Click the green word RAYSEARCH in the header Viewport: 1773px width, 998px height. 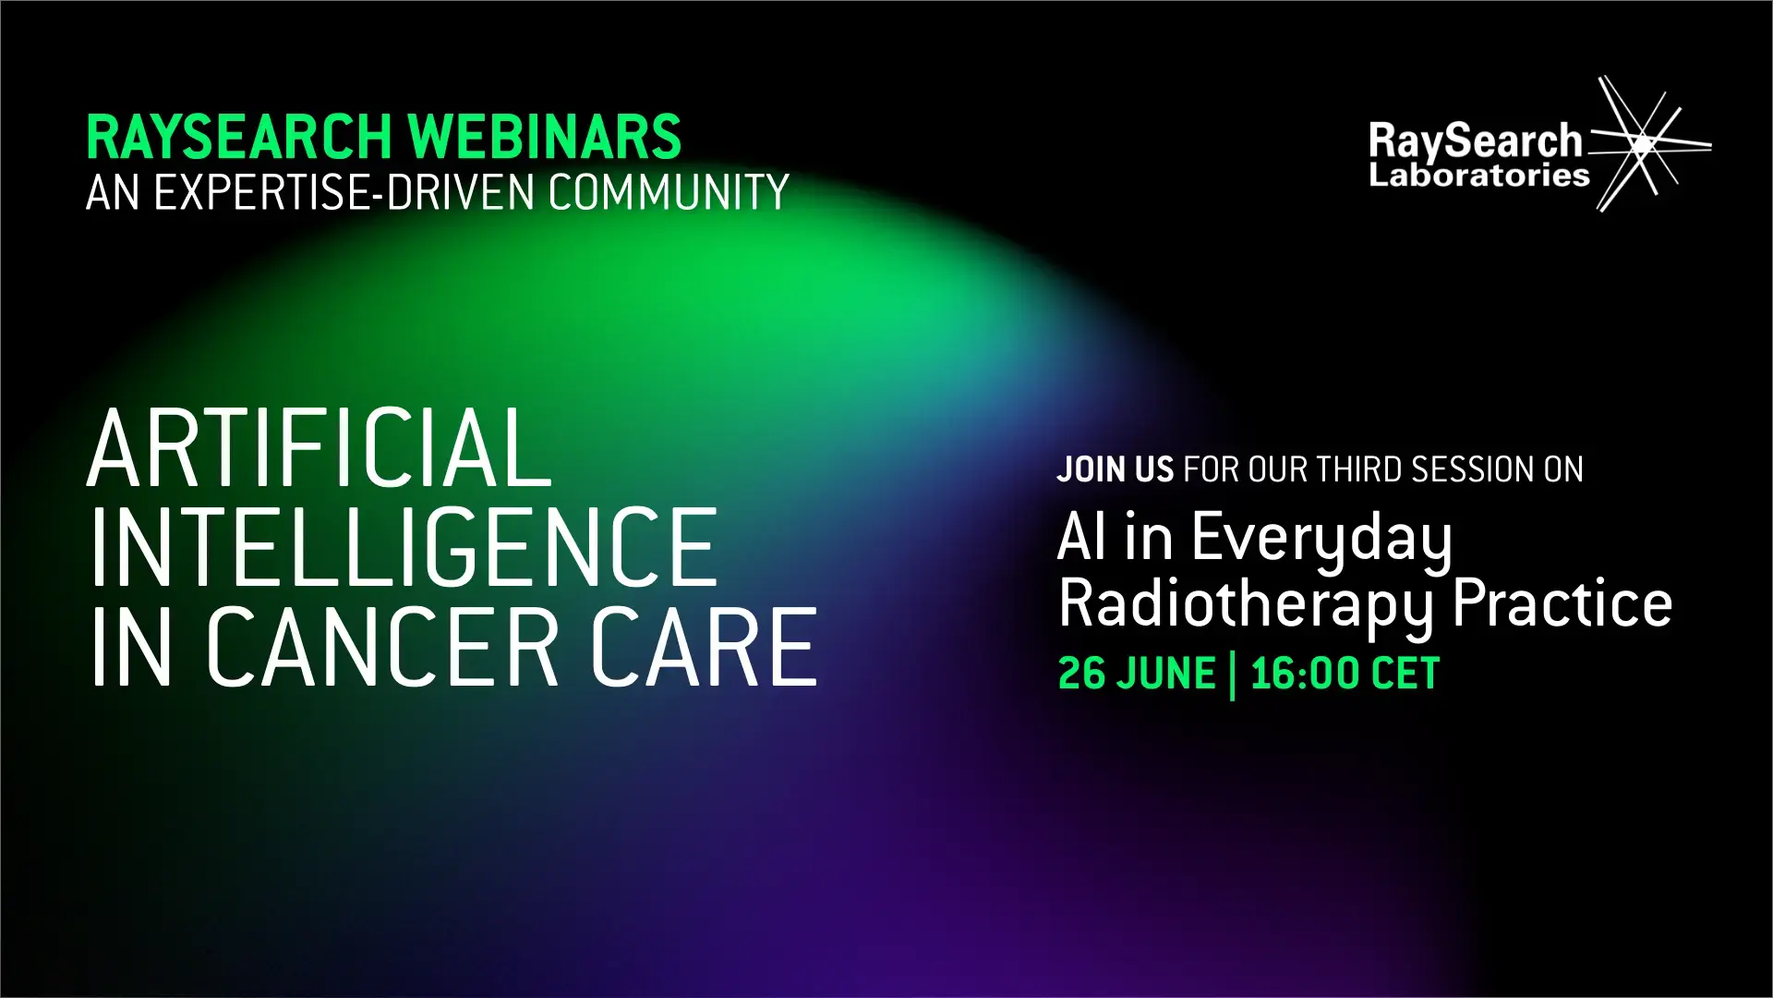tap(239, 137)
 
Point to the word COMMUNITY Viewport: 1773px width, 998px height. tap(669, 192)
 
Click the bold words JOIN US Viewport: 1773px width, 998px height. tap(1116, 469)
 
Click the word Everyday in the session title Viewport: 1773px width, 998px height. tap(1321, 539)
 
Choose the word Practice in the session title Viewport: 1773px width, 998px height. tap(1562, 602)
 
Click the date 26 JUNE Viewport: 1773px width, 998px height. tap(1137, 674)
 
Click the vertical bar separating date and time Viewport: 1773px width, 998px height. tap(1233, 675)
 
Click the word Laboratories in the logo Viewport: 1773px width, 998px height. tap(1479, 175)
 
